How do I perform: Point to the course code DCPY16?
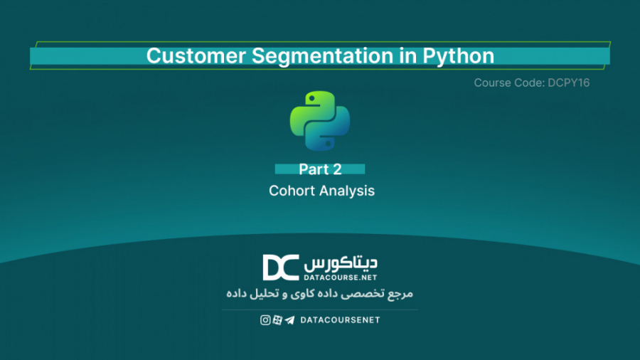tap(569, 83)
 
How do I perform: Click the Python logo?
tap(320, 120)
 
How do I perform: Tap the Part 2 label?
tap(320, 169)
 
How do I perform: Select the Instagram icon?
tap(265, 320)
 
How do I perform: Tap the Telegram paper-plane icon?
tap(289, 320)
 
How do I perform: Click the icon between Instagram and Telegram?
tap(277, 320)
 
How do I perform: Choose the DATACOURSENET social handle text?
tap(341, 320)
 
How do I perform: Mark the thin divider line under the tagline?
tap(320, 309)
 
